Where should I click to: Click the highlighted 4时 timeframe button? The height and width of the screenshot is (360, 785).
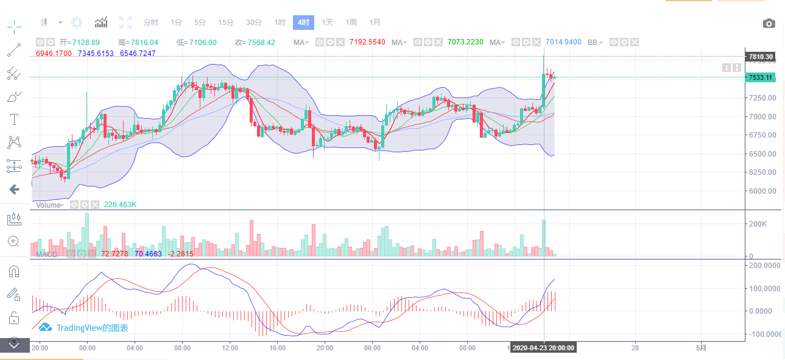click(x=303, y=23)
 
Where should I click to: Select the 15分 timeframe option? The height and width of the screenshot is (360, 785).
click(x=226, y=23)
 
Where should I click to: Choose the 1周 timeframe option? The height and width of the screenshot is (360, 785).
click(x=351, y=23)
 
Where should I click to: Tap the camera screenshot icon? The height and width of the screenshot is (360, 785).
click(x=769, y=24)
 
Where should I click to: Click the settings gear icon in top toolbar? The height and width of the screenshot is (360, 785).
click(x=77, y=23)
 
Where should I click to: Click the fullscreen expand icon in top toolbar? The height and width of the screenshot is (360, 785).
click(x=125, y=23)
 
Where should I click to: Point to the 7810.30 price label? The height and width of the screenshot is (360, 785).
click(x=761, y=57)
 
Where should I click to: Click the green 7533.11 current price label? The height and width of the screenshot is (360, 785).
click(x=761, y=77)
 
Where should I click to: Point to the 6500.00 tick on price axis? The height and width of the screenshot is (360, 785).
click(x=762, y=154)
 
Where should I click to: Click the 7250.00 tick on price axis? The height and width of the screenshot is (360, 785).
click(x=762, y=97)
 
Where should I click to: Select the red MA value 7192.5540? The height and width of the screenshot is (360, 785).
click(x=367, y=43)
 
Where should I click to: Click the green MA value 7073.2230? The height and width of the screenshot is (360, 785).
click(x=465, y=43)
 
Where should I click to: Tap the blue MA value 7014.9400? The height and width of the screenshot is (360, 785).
click(x=563, y=43)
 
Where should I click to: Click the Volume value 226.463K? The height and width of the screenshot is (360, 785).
click(x=120, y=205)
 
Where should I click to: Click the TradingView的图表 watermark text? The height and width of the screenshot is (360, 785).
click(x=92, y=328)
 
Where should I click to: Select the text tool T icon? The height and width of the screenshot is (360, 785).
click(x=14, y=119)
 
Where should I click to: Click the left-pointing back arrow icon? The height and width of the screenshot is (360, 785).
click(x=14, y=189)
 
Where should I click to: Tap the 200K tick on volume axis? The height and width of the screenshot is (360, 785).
click(x=759, y=224)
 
